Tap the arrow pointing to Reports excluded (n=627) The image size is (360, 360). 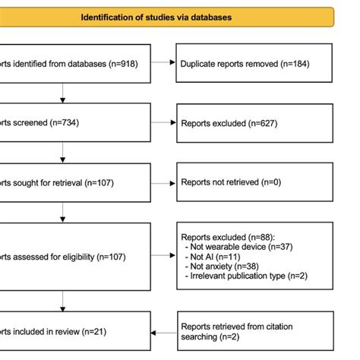point(164,123)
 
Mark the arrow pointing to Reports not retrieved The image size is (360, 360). point(164,183)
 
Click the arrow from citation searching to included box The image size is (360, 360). point(164,331)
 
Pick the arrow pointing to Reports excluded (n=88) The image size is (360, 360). point(164,256)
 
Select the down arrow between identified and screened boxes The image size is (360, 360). point(64,93)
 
